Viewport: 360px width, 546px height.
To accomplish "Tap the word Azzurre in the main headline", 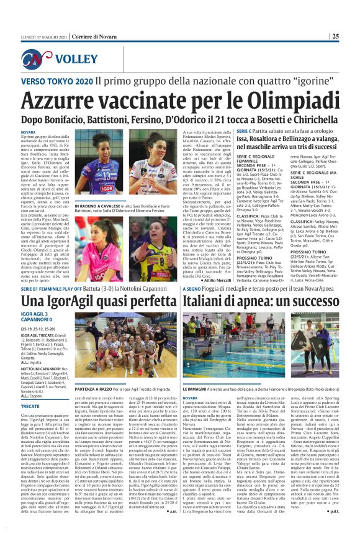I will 61,100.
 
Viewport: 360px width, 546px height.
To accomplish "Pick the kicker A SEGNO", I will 192,289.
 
